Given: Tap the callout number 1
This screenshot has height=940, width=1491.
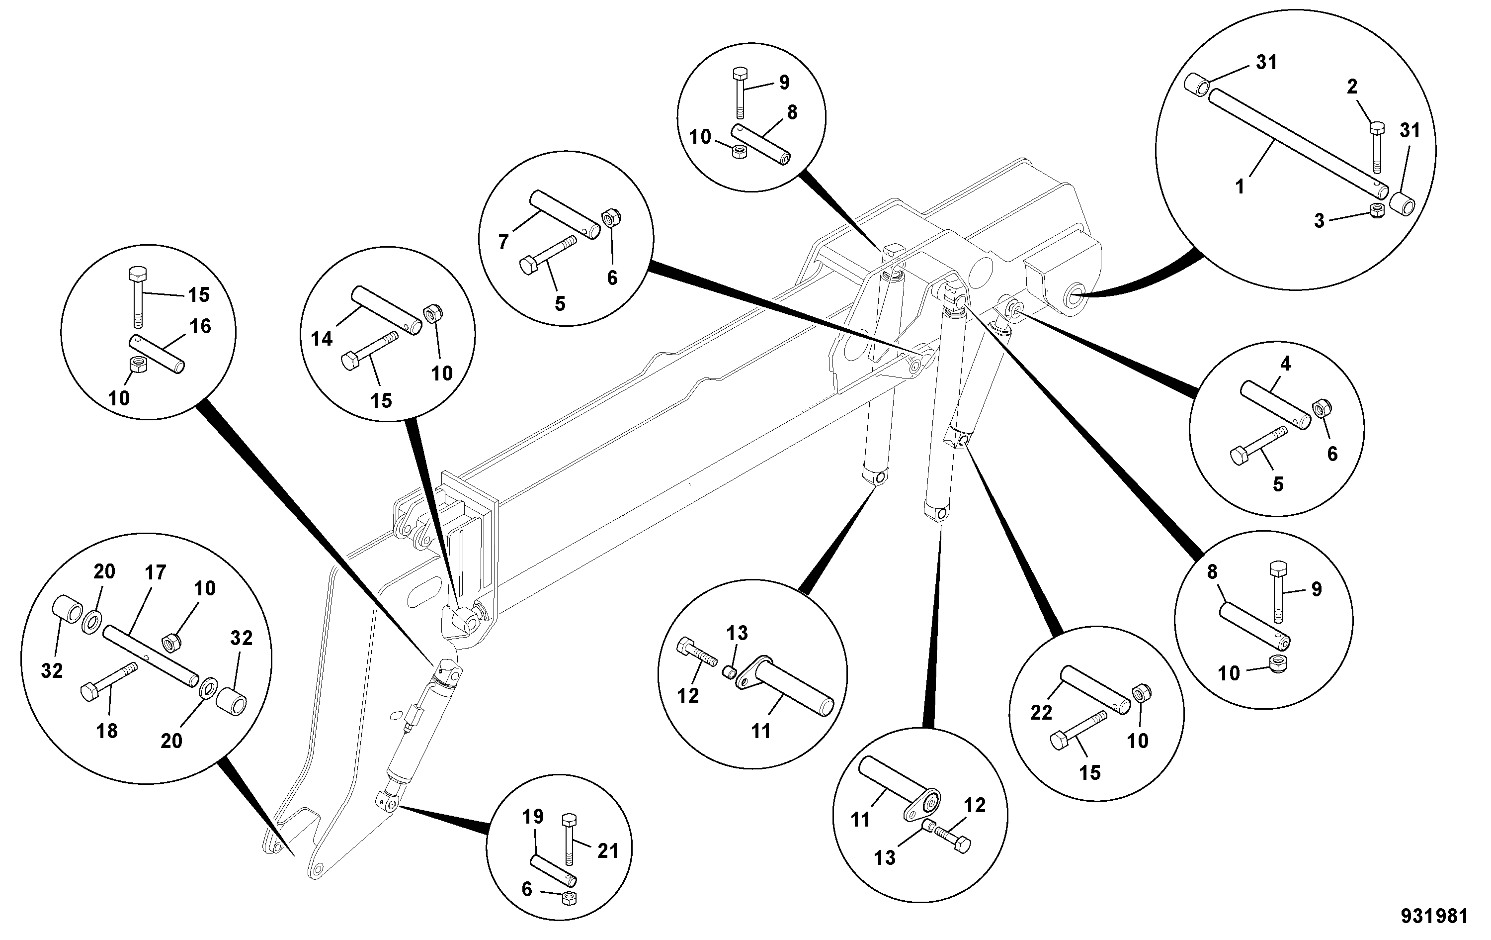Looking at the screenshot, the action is pos(1240,186).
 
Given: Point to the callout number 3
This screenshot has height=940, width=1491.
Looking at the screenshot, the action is pos(1319,221).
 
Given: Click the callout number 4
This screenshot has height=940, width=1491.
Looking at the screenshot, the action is pos(1285,364).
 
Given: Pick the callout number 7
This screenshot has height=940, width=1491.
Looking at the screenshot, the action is pos(503,242).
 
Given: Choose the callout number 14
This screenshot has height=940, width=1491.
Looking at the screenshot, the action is pos(322,338).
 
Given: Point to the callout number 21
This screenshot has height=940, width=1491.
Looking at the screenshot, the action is pos(607,851).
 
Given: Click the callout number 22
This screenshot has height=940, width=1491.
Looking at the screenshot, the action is pos(1042,713).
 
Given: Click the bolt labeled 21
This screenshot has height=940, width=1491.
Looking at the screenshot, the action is pos(570,841).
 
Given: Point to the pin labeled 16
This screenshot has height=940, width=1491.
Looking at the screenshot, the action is pos(157,354).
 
